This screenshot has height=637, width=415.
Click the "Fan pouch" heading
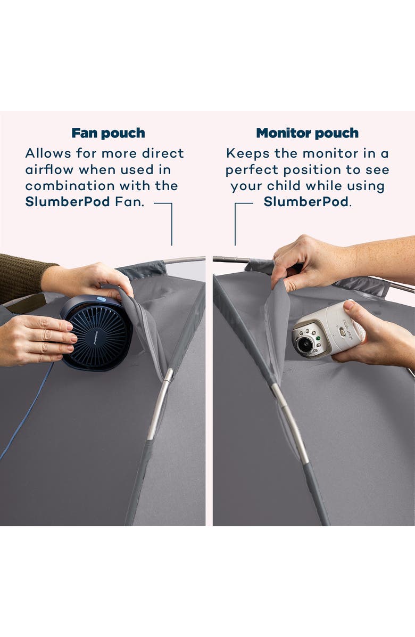pos(108,133)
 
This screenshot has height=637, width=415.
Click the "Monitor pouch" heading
pos(307,133)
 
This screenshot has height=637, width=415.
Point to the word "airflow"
pos(50,170)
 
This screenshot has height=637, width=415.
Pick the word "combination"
pos(62,186)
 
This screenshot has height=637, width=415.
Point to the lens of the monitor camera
pos(305,345)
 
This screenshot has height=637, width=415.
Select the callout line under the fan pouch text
pos(171,224)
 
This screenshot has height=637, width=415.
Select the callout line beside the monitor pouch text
pos(235,224)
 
